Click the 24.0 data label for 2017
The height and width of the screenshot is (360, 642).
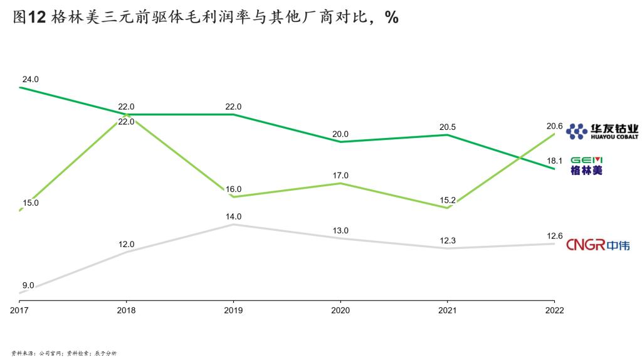click(x=31, y=80)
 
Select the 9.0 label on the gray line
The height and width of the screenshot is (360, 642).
click(x=28, y=285)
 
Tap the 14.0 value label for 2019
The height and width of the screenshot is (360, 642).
click(x=233, y=217)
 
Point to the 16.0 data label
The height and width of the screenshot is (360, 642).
click(x=233, y=189)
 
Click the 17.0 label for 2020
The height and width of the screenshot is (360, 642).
click(x=340, y=176)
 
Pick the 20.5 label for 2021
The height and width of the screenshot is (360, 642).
click(x=448, y=127)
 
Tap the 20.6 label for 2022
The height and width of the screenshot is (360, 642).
click(x=554, y=127)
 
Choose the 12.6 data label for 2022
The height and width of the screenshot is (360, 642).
click(x=554, y=236)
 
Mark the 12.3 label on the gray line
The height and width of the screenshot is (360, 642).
click(x=448, y=241)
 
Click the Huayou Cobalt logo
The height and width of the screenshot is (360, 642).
click(x=602, y=130)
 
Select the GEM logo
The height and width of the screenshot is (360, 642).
click(x=586, y=164)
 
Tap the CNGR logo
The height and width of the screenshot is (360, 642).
click(x=597, y=245)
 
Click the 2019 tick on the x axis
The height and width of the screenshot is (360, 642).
click(x=233, y=310)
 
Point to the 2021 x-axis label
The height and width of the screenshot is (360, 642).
click(x=448, y=310)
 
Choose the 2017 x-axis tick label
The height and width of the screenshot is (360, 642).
click(x=19, y=310)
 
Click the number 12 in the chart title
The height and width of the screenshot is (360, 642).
click(x=38, y=18)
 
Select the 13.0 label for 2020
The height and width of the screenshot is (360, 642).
click(x=340, y=231)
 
